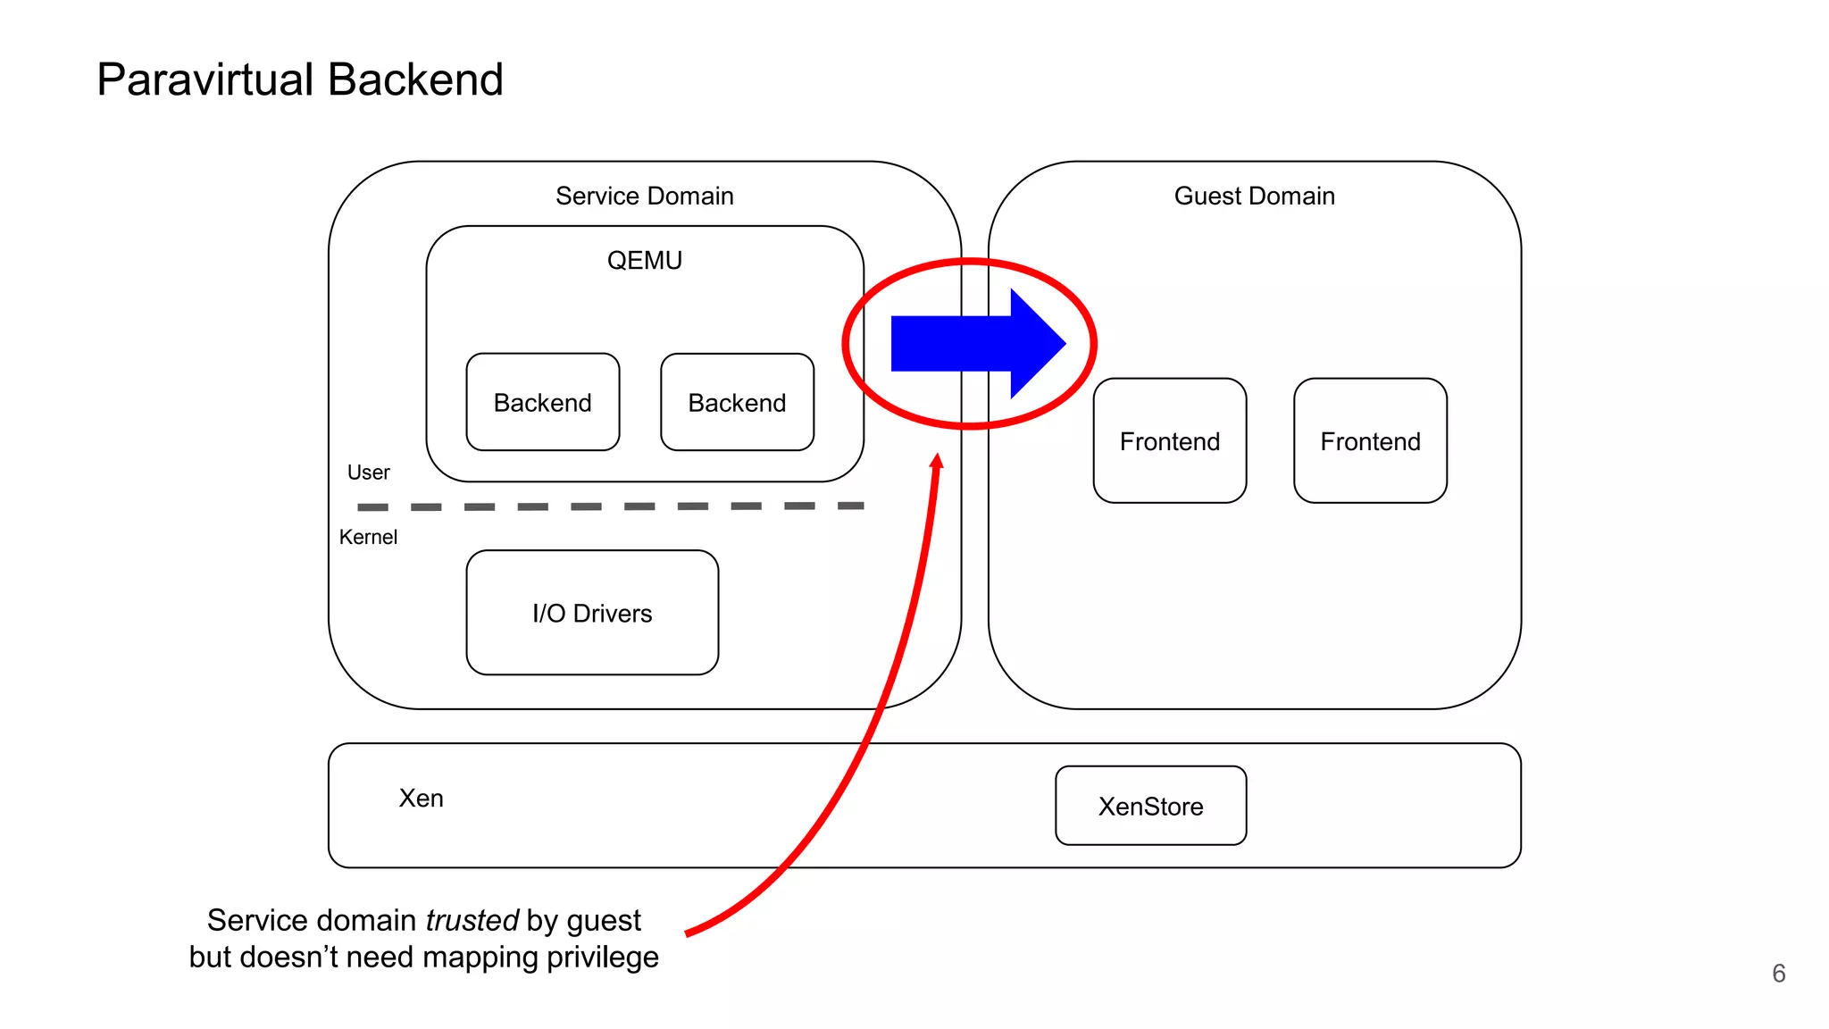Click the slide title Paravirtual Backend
click(x=299, y=79)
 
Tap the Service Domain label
click(x=644, y=196)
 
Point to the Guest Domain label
click(x=1254, y=196)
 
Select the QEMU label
click(x=644, y=260)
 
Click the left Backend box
click(x=542, y=402)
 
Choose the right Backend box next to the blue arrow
click(x=737, y=402)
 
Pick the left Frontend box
click(x=1169, y=440)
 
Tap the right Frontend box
click(x=1370, y=440)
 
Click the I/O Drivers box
click(x=592, y=613)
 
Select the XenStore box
click(x=1150, y=806)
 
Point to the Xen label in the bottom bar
click(x=421, y=798)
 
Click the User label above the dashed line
click(x=368, y=472)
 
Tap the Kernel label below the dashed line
click(x=368, y=537)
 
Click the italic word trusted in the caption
click(x=472, y=920)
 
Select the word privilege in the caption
click(x=603, y=958)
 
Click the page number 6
click(x=1778, y=973)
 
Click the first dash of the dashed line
click(x=372, y=507)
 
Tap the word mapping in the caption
click(x=481, y=958)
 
